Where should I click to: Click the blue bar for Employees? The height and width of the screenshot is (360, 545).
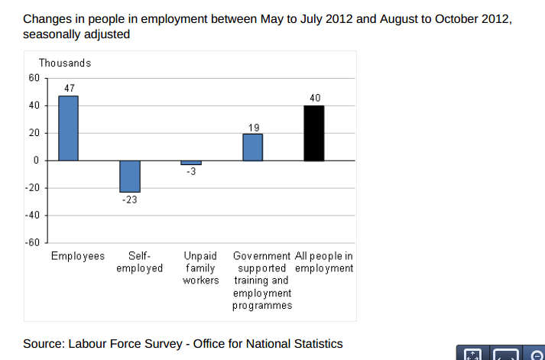69,128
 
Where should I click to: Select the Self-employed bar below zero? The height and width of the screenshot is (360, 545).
130,176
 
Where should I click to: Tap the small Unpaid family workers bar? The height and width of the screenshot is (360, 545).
191,163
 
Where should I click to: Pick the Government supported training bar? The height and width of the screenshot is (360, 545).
253,147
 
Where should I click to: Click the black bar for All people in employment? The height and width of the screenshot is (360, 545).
314,133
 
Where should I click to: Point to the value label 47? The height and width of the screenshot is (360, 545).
69,89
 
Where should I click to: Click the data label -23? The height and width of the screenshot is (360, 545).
130,199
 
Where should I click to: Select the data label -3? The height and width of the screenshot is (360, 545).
191,172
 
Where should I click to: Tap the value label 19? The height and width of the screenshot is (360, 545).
254,127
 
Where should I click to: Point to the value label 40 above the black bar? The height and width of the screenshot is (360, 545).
315,98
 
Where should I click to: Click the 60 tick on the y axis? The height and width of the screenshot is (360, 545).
33,78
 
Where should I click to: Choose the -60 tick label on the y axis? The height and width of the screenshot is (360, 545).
31,243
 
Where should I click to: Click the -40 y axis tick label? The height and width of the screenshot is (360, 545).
31,216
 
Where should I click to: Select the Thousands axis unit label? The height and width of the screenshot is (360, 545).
64,63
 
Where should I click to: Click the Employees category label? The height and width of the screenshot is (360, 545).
77,256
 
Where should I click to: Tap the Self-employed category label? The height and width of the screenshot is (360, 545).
139,262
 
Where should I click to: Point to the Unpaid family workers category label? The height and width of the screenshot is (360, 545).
200,268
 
